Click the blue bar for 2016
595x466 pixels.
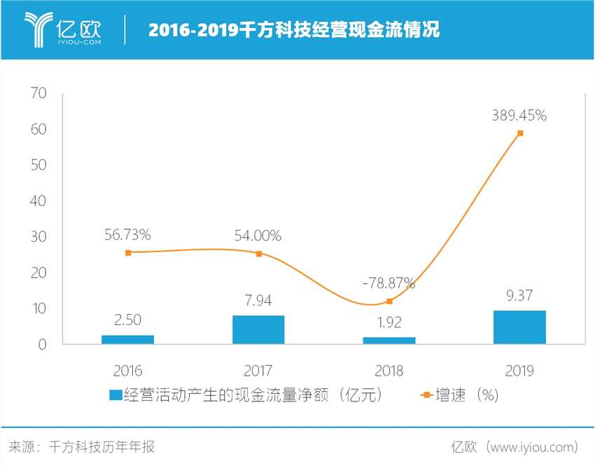[x=127, y=339]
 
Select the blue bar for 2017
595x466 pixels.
[x=258, y=329]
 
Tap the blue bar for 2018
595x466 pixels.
[x=389, y=341]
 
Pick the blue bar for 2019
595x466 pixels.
[x=519, y=327]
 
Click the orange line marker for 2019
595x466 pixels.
[x=520, y=132]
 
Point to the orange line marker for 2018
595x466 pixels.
[x=389, y=301]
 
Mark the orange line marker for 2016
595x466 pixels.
[x=128, y=252]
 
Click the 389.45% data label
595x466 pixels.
[x=519, y=116]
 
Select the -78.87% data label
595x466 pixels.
[x=388, y=284]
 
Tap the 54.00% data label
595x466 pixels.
[x=258, y=236]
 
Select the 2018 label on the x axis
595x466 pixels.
[x=389, y=371]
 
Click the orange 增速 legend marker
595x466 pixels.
[x=425, y=396]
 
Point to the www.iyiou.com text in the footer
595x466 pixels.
[x=533, y=446]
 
